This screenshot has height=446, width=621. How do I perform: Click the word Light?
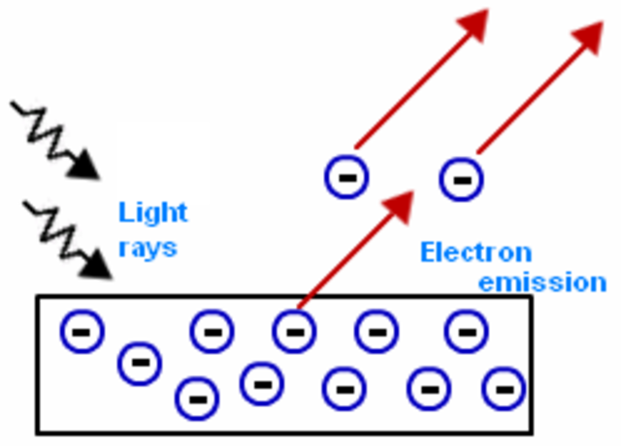click(x=152, y=211)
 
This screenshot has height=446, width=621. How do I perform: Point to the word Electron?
click(x=475, y=252)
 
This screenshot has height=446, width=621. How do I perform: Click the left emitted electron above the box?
click(x=345, y=175)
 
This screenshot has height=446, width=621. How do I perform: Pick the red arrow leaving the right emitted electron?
click(x=543, y=87)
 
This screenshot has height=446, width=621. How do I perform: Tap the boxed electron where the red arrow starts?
click(x=294, y=332)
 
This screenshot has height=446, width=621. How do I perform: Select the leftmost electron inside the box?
click(x=82, y=333)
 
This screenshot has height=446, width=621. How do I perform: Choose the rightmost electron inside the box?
click(x=504, y=389)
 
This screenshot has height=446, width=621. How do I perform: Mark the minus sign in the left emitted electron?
click(x=345, y=175)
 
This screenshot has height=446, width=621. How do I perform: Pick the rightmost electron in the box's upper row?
click(x=466, y=333)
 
